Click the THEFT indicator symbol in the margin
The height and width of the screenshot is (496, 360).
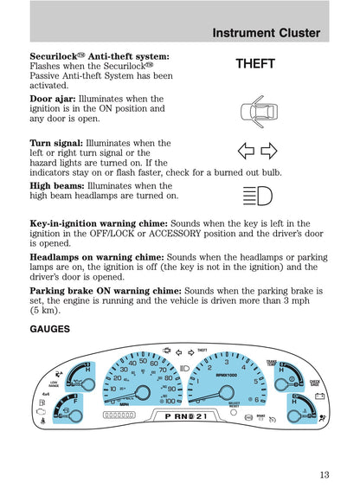point(254,64)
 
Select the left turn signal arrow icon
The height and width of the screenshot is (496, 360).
point(246,152)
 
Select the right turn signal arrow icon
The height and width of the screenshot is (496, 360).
point(267,152)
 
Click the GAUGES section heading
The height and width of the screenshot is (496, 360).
point(51,331)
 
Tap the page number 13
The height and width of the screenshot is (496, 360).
point(323,473)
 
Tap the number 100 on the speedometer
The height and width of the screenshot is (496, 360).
point(170,401)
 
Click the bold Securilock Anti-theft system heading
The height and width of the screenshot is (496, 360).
point(99,55)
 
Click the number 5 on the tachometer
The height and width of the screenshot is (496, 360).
point(255,381)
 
